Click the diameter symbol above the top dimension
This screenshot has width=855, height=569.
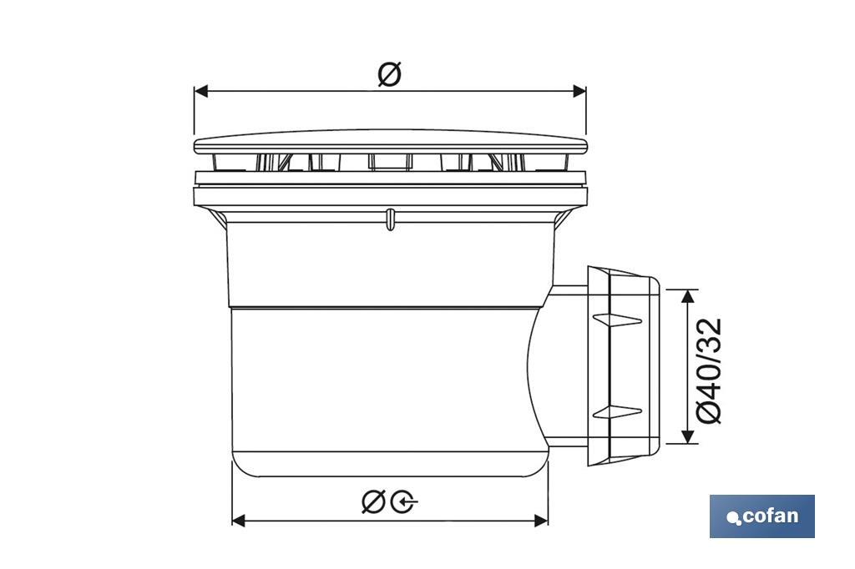390,73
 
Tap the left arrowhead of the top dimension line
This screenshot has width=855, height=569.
201,91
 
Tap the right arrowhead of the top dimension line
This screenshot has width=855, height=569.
579,91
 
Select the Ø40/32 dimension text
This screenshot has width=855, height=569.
709,370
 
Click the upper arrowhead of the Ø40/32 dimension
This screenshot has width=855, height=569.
688,296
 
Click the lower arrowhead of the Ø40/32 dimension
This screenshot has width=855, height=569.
688,436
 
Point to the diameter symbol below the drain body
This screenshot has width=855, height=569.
373,501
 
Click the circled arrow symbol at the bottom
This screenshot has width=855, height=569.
404,501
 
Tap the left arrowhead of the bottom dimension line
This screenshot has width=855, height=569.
239,520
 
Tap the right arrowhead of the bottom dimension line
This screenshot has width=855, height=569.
541,520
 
